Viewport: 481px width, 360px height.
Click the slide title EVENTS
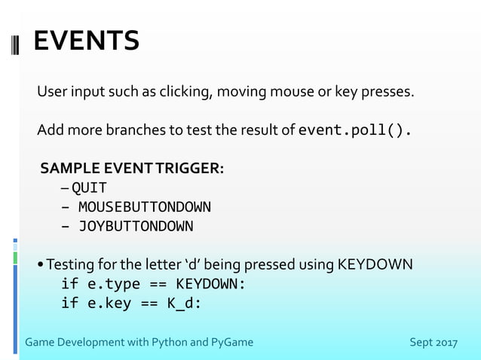pyautogui.click(x=87, y=41)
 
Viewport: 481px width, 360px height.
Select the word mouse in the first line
pyautogui.click(x=290, y=93)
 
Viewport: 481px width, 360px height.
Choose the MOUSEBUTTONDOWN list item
pyautogui.click(x=144, y=206)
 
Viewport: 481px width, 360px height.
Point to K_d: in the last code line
pyautogui.click(x=185, y=304)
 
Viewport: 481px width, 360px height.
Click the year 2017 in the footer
pyautogui.click(x=446, y=343)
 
